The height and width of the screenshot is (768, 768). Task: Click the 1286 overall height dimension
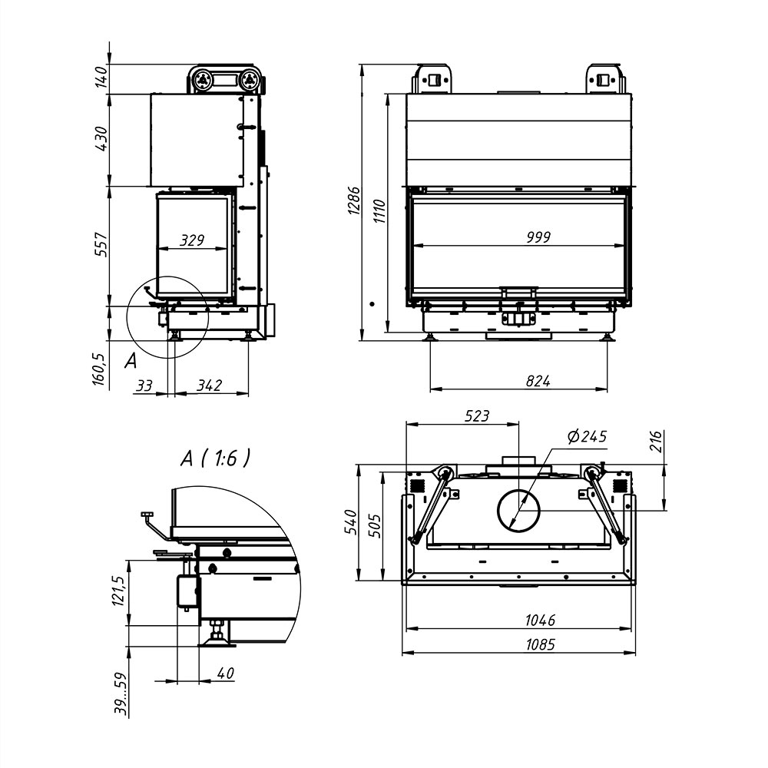(x=354, y=200)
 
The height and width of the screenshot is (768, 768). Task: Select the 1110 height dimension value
(x=379, y=211)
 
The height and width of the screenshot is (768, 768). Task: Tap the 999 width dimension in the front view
(x=539, y=237)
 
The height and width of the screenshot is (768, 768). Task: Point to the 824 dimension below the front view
(x=538, y=381)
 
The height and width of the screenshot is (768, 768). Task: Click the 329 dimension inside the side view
(x=192, y=240)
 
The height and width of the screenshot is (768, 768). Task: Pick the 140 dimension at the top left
(x=101, y=77)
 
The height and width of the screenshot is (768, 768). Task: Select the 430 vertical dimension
(x=101, y=138)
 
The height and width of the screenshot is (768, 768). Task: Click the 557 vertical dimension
(x=101, y=244)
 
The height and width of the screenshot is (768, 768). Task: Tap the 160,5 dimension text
(x=98, y=369)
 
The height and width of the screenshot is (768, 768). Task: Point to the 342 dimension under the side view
(x=210, y=386)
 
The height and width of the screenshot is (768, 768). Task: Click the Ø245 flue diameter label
(x=588, y=436)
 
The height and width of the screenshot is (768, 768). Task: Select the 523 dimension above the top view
(x=477, y=415)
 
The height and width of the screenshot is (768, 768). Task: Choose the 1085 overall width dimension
(x=540, y=644)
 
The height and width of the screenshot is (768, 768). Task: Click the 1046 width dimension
(x=540, y=621)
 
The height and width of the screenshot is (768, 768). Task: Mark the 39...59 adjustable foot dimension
(x=121, y=694)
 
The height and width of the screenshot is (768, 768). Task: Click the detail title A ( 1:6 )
(x=216, y=458)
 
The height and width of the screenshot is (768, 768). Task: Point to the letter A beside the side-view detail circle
(x=131, y=361)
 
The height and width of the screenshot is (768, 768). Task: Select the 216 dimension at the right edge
(x=657, y=442)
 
